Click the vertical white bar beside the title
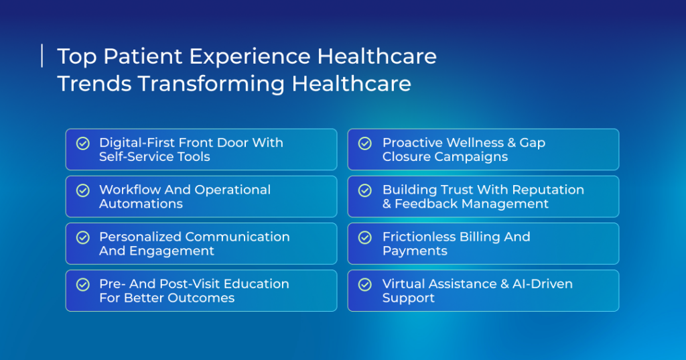pos(42,56)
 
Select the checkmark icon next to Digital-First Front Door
pos(82,143)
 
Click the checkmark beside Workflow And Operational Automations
pos(82,190)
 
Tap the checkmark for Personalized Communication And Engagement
pos(82,237)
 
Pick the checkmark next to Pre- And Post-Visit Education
pos(82,285)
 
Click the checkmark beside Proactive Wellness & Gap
pos(365,143)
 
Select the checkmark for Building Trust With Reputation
pos(365,190)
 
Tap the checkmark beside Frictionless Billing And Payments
pos(365,237)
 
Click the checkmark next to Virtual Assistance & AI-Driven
pos(365,285)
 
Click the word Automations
pos(141,204)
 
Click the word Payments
pos(415,251)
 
